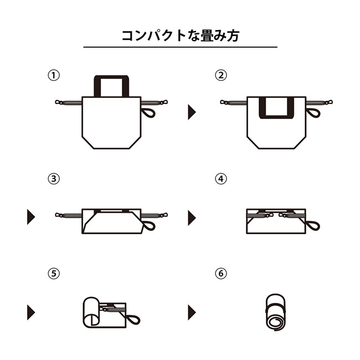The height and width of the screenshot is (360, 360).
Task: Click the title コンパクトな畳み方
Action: (x=180, y=36)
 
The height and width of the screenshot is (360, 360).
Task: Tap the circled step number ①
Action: (x=54, y=75)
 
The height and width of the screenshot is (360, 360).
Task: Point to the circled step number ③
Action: (x=54, y=179)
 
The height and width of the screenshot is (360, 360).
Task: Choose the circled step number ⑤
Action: (x=54, y=273)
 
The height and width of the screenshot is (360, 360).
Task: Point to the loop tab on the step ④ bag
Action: (x=314, y=225)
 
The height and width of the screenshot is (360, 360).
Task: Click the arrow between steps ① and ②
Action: (x=192, y=112)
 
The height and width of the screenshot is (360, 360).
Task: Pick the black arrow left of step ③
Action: (x=30, y=217)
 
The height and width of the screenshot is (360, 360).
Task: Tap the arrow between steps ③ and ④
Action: (x=192, y=217)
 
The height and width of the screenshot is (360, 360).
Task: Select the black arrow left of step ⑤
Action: (x=30, y=312)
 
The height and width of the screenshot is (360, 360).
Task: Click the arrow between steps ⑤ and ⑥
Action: (x=192, y=312)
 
